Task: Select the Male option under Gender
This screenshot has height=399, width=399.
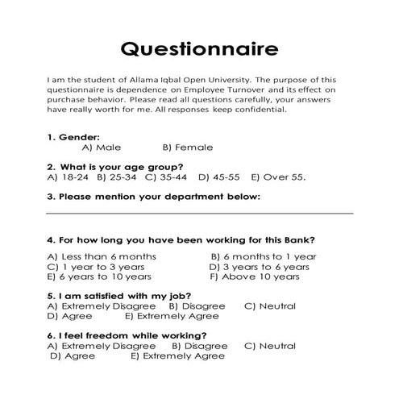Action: point(102,148)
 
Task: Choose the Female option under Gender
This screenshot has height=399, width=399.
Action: point(188,148)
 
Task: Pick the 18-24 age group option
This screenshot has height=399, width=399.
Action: point(69,177)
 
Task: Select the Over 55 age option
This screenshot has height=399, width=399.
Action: point(278,177)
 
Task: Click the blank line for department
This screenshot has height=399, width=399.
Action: point(199,212)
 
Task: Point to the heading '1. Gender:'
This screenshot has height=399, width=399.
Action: point(73,137)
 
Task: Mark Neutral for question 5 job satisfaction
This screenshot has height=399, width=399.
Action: point(270,306)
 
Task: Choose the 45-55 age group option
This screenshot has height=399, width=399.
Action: point(220,177)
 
